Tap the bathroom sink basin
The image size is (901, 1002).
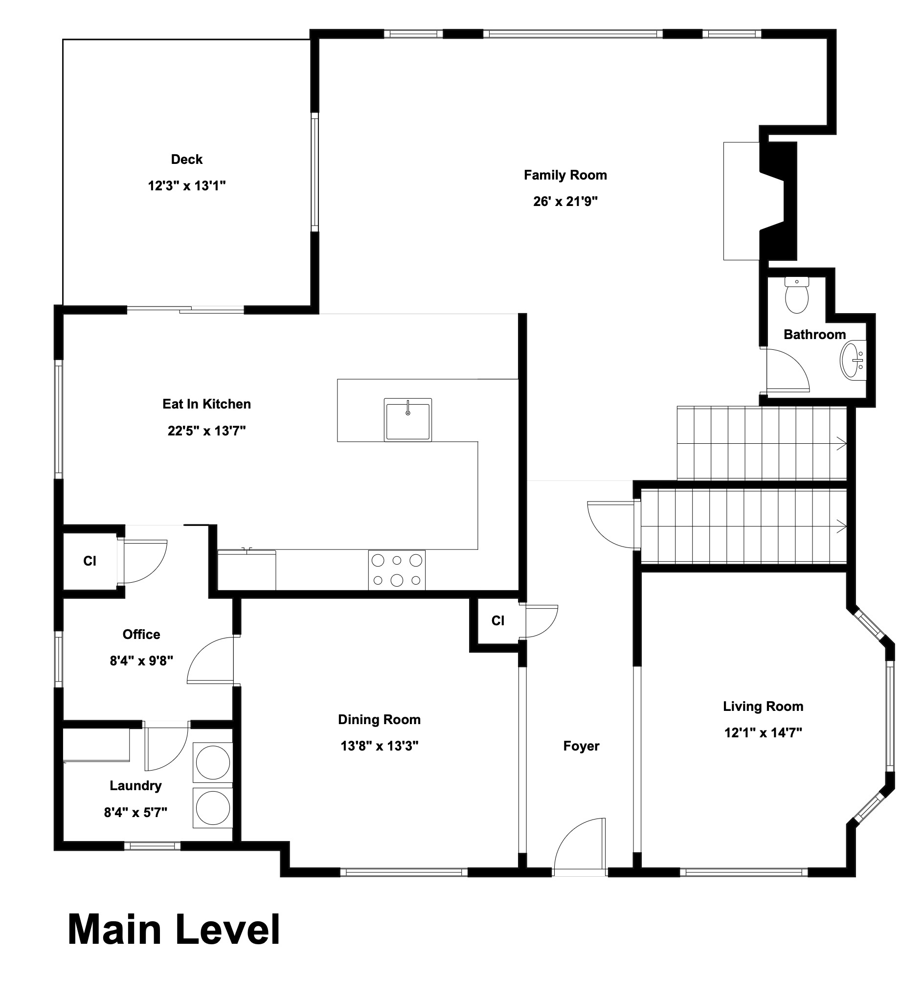853,360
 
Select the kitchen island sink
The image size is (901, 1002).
407,420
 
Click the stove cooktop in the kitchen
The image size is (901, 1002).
397,570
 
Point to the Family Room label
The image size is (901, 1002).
565,175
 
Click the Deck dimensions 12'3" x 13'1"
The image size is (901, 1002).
187,186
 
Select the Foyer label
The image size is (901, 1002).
581,746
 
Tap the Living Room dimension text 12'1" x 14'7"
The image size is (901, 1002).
763,733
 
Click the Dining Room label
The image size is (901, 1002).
379,720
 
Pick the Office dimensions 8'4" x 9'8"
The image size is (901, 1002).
141,661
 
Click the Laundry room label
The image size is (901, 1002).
135,786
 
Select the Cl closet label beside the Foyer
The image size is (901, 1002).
498,621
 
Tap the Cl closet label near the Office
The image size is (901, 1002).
90,561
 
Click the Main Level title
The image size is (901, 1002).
174,930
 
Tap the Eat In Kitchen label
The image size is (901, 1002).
206,404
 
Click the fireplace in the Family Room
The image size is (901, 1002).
760,201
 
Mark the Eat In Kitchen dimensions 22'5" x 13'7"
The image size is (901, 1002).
206,431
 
